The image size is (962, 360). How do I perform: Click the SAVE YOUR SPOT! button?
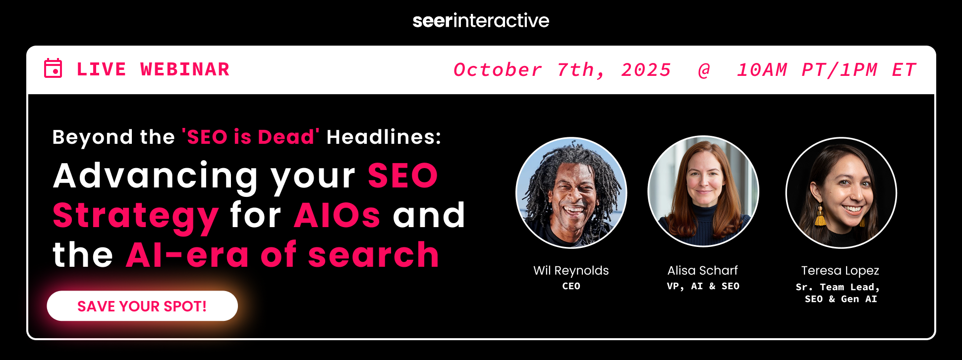142,306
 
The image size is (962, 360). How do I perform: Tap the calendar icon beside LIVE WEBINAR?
53,68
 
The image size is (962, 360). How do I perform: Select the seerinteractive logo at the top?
481,20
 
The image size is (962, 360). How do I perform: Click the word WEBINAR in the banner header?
185,69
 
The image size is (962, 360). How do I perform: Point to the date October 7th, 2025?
562,70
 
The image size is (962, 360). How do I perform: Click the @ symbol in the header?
704,70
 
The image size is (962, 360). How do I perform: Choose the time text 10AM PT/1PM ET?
826,70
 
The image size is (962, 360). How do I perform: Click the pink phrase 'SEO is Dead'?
250,137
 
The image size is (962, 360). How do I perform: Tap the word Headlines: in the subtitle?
384,137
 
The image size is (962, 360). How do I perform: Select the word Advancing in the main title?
155,176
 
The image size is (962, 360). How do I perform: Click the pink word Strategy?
135,216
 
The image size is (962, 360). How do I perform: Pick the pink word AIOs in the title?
337,215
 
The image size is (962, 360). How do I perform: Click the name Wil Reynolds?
571,270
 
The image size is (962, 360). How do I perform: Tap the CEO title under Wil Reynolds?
571,286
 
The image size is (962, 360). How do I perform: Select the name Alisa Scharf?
702,270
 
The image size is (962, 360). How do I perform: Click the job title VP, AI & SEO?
703,286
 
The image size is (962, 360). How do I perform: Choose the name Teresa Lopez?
840,270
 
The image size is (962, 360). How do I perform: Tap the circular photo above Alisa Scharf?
703,191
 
